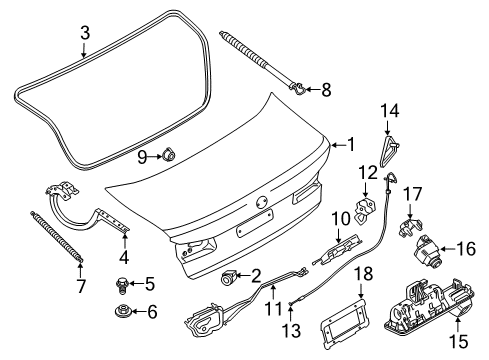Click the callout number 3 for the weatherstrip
(x=86, y=34)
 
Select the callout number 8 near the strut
(x=324, y=90)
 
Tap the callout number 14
(x=390, y=110)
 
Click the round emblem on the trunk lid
(x=261, y=203)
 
